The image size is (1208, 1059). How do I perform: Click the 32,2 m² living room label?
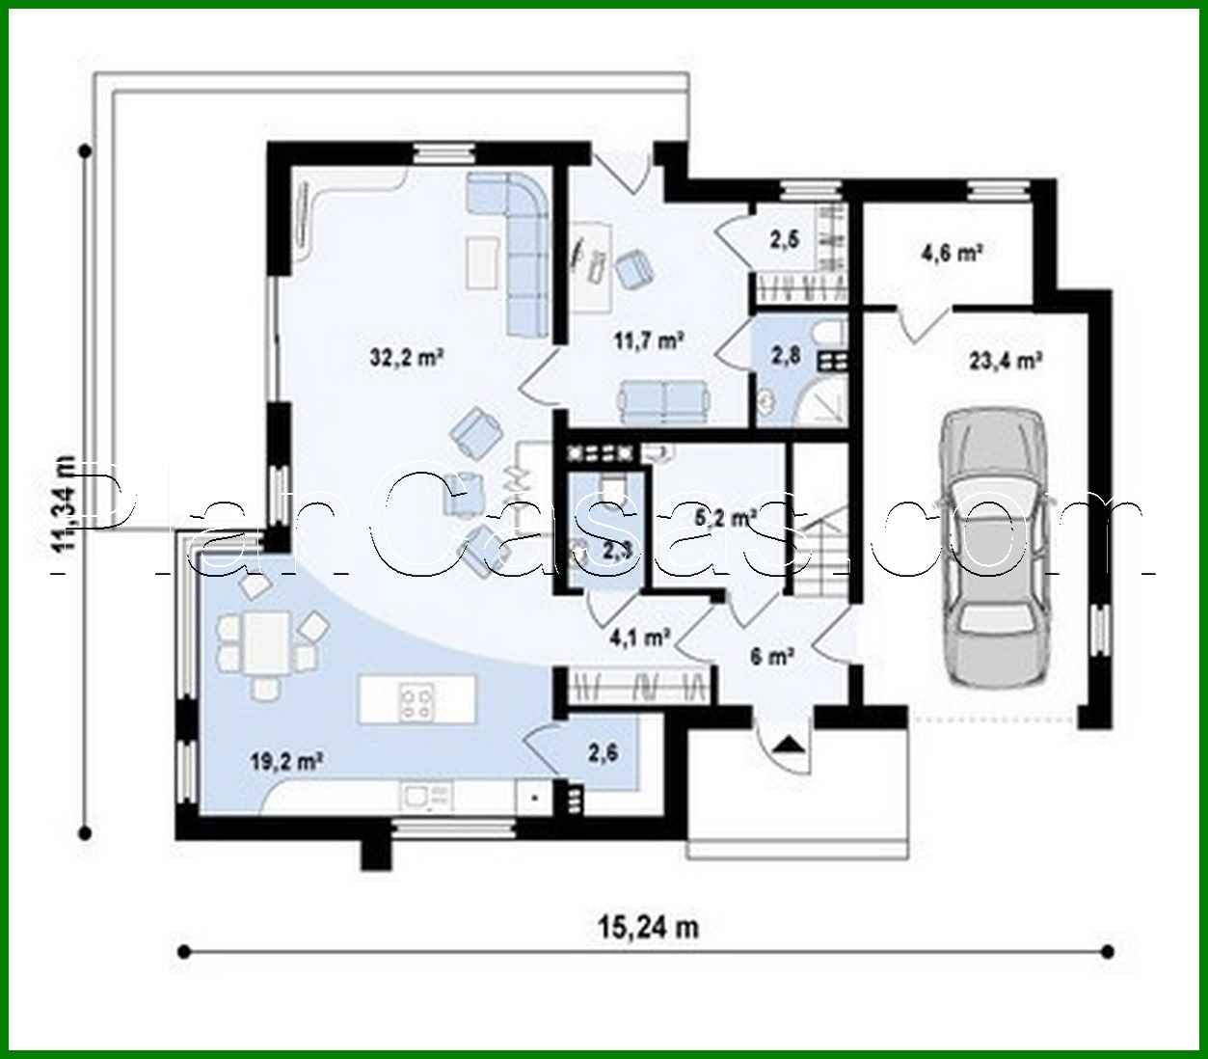pos(406,358)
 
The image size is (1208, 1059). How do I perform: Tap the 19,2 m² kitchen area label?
pos(285,761)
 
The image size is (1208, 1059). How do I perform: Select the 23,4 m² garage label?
pos(1006,361)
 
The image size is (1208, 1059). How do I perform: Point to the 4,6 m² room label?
pos(952,254)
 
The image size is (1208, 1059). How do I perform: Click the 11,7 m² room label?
pos(649,339)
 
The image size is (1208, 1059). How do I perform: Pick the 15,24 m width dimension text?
pos(647,928)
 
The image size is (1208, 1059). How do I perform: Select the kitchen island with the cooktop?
pos(417,699)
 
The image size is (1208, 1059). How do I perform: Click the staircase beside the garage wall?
pos(821,550)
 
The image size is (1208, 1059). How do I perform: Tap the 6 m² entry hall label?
pos(771,657)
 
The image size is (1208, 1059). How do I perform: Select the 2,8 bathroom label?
pos(785,355)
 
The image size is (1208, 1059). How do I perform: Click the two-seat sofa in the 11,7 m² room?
pos(664,400)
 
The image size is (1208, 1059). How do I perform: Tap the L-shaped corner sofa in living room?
pos(521,241)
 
